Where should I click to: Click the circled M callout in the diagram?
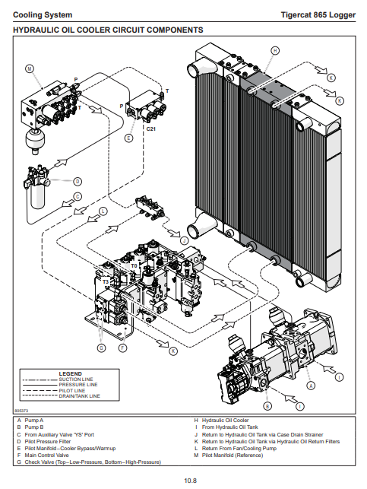(x=30, y=69)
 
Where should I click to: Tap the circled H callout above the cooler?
(x=275, y=50)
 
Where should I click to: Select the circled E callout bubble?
(x=128, y=138)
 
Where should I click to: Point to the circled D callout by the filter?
(x=78, y=181)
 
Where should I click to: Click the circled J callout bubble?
(x=184, y=240)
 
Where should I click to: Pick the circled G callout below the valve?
(x=102, y=348)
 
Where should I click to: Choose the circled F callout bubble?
(x=123, y=348)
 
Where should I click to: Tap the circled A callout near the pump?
(x=311, y=386)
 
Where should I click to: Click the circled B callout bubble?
(x=267, y=406)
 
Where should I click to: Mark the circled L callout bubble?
(x=103, y=211)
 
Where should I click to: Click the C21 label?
(x=151, y=129)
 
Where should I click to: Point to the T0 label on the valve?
(x=134, y=265)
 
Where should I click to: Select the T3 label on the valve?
(x=106, y=282)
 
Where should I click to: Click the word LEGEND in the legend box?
(x=71, y=373)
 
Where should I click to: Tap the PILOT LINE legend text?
(x=72, y=390)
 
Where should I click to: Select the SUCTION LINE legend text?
(x=76, y=379)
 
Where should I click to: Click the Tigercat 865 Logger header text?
(x=318, y=15)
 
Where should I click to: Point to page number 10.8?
(x=191, y=481)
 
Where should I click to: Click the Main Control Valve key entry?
(x=47, y=455)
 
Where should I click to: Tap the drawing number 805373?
(x=21, y=411)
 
